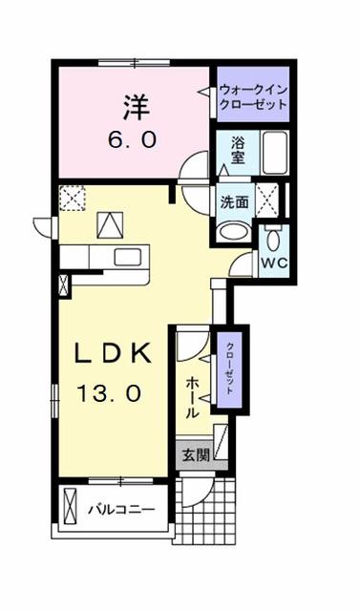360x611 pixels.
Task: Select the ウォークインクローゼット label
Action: [252, 96]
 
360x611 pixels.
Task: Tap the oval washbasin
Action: [233, 232]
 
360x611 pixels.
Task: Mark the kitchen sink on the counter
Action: [126, 256]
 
